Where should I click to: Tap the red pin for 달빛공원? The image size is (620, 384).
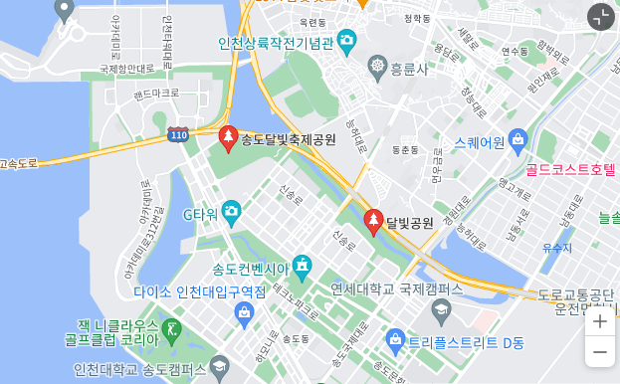point(373,221)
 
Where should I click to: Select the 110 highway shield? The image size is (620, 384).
point(178,134)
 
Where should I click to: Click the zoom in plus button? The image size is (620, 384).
point(599,321)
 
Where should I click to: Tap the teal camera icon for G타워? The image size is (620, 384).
point(231,211)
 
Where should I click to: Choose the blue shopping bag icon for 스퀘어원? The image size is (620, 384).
point(517,142)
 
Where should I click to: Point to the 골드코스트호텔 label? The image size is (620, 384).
point(571,170)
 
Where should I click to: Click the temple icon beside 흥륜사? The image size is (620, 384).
point(377,69)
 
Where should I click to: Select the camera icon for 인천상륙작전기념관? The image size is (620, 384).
point(346,41)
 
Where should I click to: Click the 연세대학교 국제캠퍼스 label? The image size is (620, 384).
point(397,288)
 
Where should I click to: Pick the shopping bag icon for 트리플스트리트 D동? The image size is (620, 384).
point(395,340)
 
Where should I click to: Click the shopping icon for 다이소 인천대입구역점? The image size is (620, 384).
point(244,313)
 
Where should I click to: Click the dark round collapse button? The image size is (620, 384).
point(600,16)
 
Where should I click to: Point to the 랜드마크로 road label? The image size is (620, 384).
point(155,93)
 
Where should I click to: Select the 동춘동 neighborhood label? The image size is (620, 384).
point(404,150)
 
